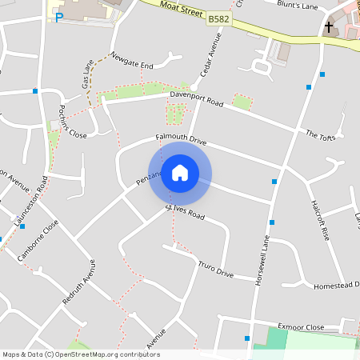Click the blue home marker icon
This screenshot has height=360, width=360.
[180, 173]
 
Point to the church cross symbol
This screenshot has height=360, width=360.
[328, 27]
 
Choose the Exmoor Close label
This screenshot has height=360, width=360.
[300, 327]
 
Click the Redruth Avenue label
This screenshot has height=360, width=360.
[79, 282]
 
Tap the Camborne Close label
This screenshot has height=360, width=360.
[38, 239]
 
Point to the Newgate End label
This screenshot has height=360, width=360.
[131, 61]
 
